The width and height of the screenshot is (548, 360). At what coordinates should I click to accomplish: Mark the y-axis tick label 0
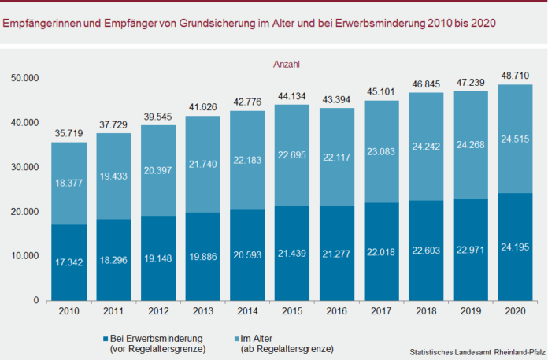(35, 301)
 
